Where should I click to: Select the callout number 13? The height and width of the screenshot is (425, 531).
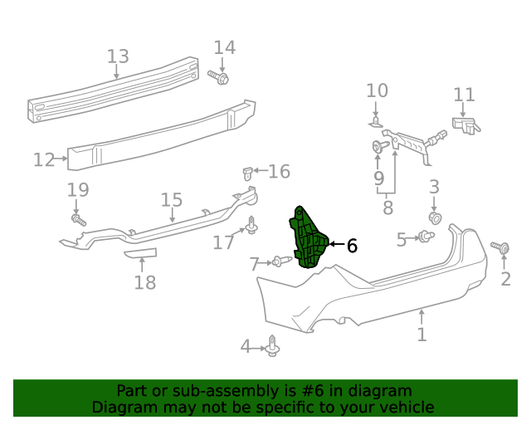[x=118, y=56]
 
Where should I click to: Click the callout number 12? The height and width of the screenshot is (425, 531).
[x=44, y=159]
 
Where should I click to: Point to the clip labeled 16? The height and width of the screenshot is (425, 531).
[x=246, y=173]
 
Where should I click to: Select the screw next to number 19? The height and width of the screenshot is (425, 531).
[x=79, y=220]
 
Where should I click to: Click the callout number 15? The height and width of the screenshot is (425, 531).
[x=171, y=200]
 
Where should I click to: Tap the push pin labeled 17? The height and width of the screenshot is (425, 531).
[x=251, y=224]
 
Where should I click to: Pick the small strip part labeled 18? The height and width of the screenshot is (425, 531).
[x=139, y=254]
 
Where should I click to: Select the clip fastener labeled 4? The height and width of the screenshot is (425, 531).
[x=273, y=347]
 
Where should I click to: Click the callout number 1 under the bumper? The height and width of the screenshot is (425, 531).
[x=421, y=335]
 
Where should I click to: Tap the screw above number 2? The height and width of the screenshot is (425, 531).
[x=499, y=247]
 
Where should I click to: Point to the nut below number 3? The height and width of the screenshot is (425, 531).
[x=434, y=217]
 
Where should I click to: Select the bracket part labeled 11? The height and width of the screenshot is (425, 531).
[x=466, y=125]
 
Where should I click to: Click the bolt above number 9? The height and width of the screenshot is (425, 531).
[x=379, y=148]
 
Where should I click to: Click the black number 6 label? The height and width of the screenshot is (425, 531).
[x=352, y=245]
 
